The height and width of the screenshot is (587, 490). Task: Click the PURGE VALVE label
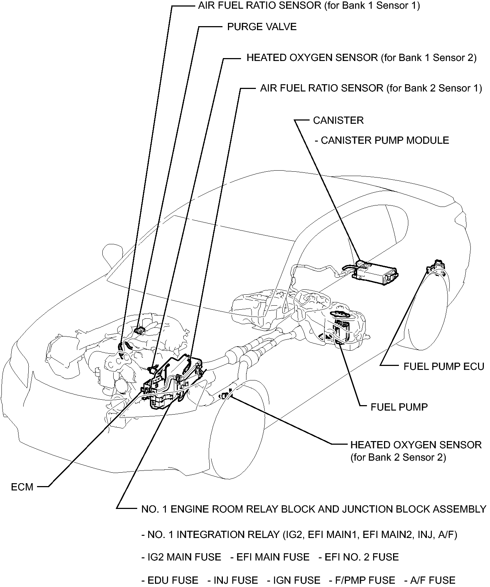[262, 27]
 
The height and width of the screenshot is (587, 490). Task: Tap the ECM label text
[22, 487]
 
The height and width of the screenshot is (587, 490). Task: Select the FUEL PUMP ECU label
[444, 366]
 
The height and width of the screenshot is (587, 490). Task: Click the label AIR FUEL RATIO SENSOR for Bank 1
[309, 6]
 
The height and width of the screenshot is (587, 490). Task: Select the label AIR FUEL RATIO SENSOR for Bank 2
[371, 88]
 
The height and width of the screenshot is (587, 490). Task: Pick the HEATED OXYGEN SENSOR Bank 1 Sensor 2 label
[362, 58]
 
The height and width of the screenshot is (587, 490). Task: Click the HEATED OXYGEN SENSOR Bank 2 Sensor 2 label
[416, 451]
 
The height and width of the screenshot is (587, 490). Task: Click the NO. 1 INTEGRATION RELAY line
[299, 534]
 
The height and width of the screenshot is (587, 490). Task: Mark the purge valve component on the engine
[139, 330]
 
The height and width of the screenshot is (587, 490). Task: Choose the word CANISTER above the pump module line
[338, 120]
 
